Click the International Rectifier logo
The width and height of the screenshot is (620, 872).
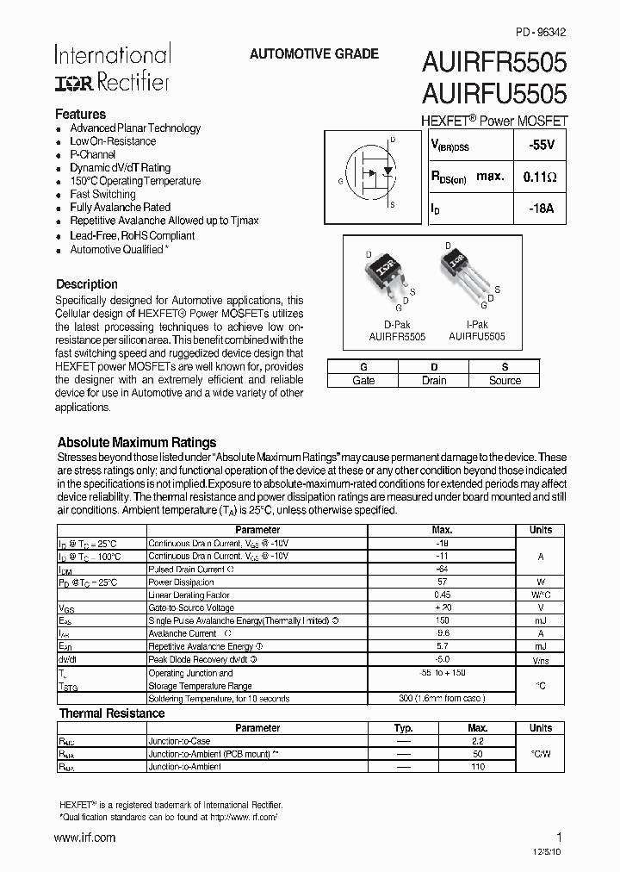112,68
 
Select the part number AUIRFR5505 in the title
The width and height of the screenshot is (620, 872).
493,62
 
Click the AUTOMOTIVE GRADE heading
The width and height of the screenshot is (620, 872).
313,53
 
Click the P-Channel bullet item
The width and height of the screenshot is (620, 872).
92,154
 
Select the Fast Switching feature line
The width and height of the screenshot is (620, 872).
102,194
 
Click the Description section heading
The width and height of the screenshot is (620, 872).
87,283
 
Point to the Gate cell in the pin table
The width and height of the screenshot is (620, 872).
363,380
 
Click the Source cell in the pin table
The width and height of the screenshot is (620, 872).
505,380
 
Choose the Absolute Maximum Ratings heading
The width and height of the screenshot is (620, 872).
136,442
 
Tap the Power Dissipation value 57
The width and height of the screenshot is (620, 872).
442,582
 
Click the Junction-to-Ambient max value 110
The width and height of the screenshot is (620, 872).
477,766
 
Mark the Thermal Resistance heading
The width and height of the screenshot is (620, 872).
111,713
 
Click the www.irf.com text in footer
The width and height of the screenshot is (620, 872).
84,838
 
